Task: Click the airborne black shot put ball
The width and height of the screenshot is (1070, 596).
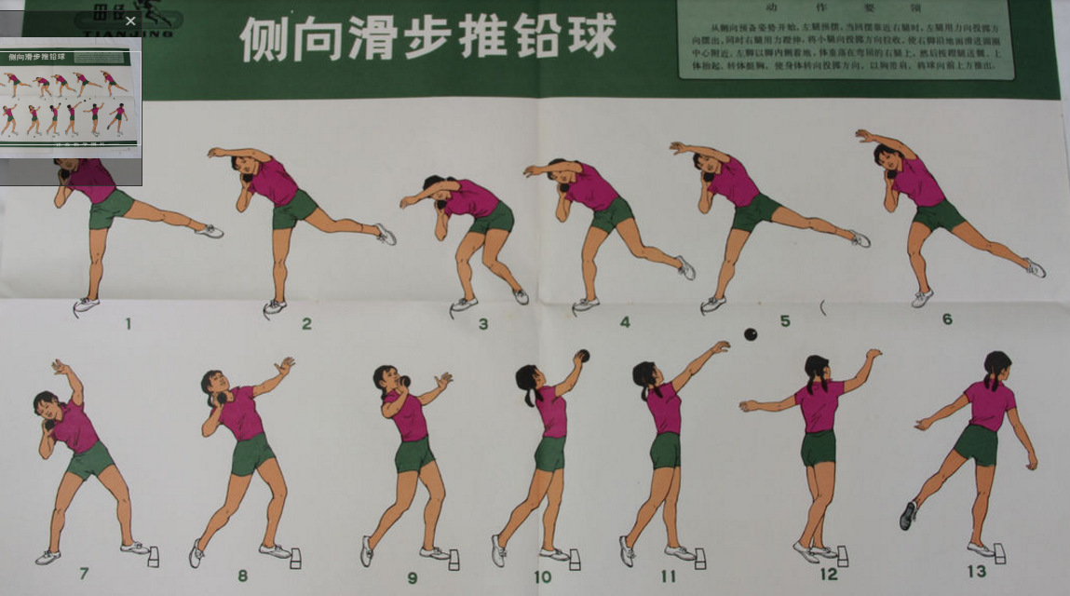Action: coord(750,333)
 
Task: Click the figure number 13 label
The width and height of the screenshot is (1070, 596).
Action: coord(976,571)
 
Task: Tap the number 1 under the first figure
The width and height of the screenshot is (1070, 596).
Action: coord(128,324)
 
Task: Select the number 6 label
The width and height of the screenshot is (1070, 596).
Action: coord(947,318)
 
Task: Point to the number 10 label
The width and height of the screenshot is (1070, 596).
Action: coord(542,576)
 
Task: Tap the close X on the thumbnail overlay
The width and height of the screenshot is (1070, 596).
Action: coord(130,20)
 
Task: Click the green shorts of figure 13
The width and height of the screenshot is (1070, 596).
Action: coord(975,444)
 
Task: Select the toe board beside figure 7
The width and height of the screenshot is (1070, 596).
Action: coord(154,556)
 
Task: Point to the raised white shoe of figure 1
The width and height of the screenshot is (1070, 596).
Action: coord(210,230)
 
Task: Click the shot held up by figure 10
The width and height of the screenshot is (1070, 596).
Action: coord(582,355)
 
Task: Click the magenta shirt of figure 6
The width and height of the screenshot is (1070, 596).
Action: coord(918,183)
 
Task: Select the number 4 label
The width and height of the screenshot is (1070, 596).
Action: coord(625,322)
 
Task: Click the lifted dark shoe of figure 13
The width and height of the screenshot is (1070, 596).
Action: coord(908,515)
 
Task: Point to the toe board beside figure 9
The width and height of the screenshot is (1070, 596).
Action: coord(454,560)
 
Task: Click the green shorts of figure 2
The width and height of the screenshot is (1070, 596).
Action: coord(293,209)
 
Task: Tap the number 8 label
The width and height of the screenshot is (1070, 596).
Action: coord(242,576)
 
